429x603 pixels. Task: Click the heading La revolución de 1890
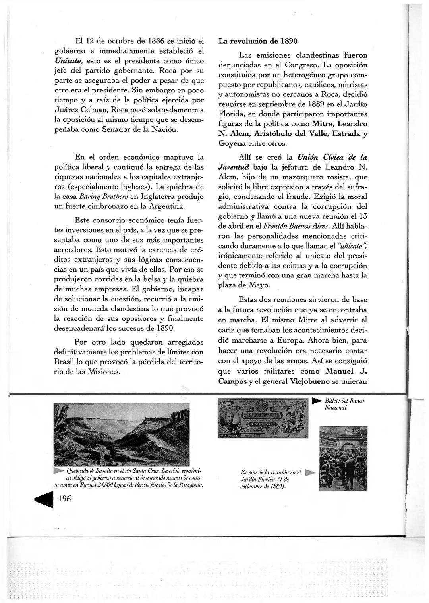(x=258, y=41)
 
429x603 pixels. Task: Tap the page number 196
(x=65, y=499)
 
